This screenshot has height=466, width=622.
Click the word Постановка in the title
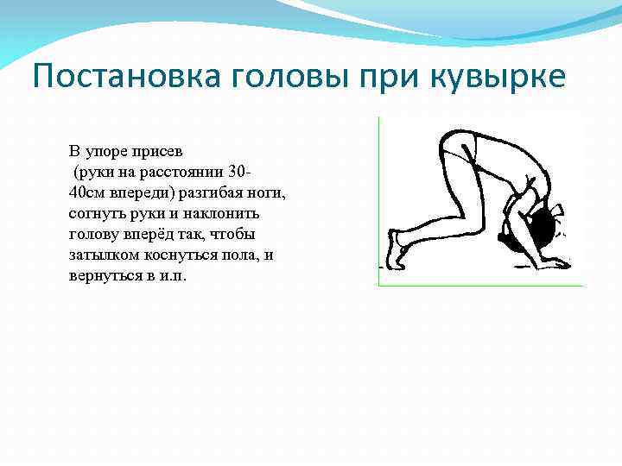[x=126, y=78]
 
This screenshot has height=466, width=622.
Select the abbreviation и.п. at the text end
[x=172, y=277]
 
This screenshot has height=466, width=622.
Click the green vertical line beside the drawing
[x=379, y=198]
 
